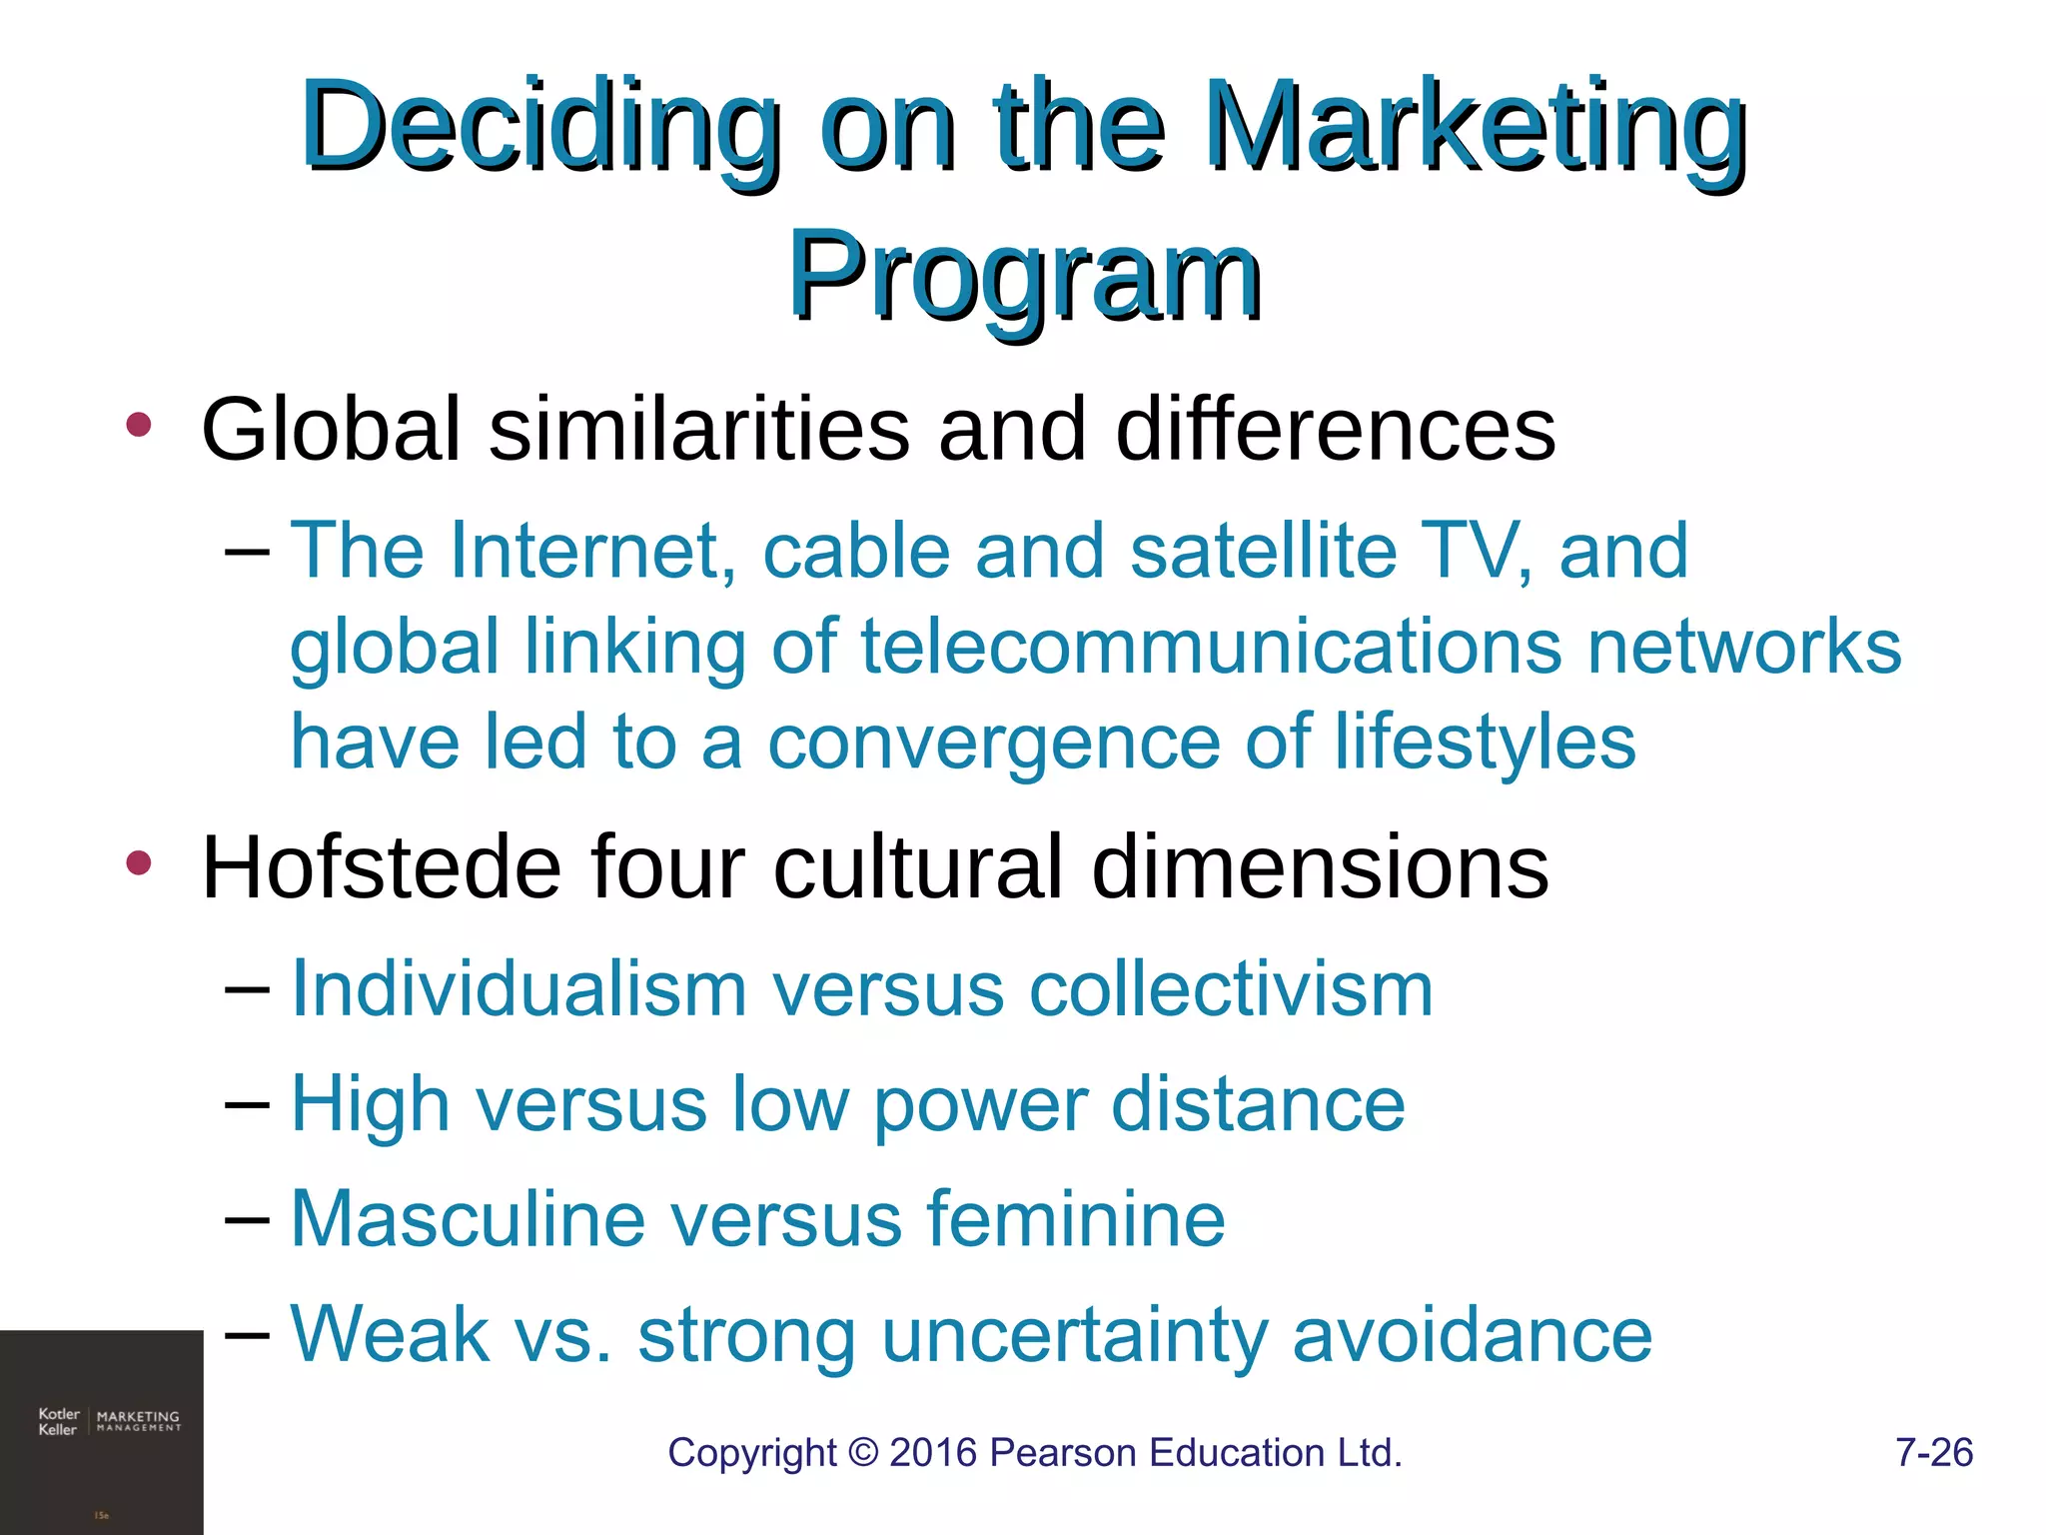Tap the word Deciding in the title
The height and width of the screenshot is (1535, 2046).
[x=539, y=128]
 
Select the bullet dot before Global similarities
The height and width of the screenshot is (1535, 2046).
[x=139, y=425]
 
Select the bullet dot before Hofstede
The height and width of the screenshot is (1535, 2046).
[x=139, y=862]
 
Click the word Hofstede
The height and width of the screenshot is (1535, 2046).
[x=383, y=866]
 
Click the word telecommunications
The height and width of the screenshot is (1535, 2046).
[x=1210, y=646]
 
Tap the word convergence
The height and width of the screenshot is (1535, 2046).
[x=993, y=743]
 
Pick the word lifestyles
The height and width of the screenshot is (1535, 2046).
[x=1486, y=743]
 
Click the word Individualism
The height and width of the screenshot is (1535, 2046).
[x=518, y=989]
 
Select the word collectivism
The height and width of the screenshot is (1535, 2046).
[x=1231, y=989]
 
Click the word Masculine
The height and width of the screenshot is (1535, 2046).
[x=468, y=1219]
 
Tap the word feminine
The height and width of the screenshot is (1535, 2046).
[x=1075, y=1219]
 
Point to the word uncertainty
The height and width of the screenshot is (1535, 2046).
[x=1074, y=1335]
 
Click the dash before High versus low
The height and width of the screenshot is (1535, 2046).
[x=247, y=1104]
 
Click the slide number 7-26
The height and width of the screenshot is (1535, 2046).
[x=1933, y=1452]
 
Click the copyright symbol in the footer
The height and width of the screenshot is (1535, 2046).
[x=862, y=1453]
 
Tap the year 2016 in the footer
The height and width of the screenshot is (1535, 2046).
[x=933, y=1452]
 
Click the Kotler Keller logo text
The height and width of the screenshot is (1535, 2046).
[x=58, y=1421]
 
